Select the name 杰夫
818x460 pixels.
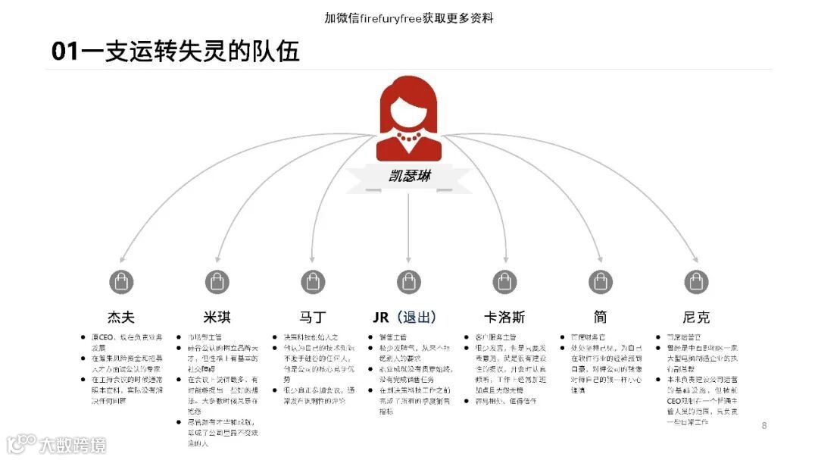pos(121,317)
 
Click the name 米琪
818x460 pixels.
pos(217,317)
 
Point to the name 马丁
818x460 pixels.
pos(313,317)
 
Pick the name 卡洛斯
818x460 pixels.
pos(504,317)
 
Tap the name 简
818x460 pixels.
pos(601,317)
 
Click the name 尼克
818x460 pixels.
pos(696,317)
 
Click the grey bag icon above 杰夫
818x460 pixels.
pos(121,282)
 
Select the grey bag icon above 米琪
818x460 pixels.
pos(217,282)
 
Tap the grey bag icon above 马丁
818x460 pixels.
pos(313,282)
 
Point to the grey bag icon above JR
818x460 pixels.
pos(409,282)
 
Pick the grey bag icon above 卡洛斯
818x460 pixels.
pos(504,282)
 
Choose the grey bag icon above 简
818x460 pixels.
pos(601,282)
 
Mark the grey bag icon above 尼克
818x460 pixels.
pos(696,282)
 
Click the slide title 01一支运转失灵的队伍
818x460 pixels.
pos(175,51)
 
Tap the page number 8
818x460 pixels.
pos(764,426)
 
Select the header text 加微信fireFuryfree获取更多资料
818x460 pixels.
pos(409,17)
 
